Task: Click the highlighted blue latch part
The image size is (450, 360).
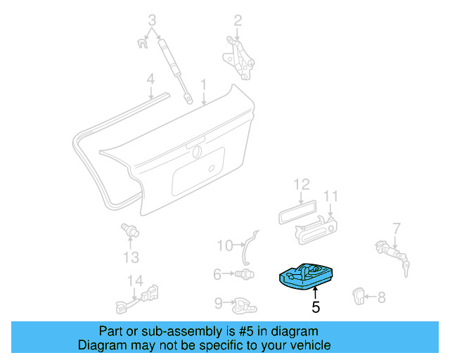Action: click(x=307, y=276)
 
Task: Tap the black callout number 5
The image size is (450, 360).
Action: click(x=316, y=307)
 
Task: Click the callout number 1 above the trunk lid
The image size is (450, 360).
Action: click(x=203, y=85)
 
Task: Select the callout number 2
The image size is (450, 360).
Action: click(x=238, y=20)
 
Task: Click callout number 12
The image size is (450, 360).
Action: click(x=301, y=184)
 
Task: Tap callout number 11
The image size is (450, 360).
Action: click(x=331, y=195)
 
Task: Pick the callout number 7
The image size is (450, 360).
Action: click(x=397, y=228)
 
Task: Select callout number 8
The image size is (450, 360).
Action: click(x=381, y=297)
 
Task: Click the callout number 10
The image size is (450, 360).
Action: click(x=224, y=245)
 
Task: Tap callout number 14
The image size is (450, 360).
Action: click(x=134, y=281)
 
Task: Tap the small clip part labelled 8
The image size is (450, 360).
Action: click(x=359, y=297)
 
